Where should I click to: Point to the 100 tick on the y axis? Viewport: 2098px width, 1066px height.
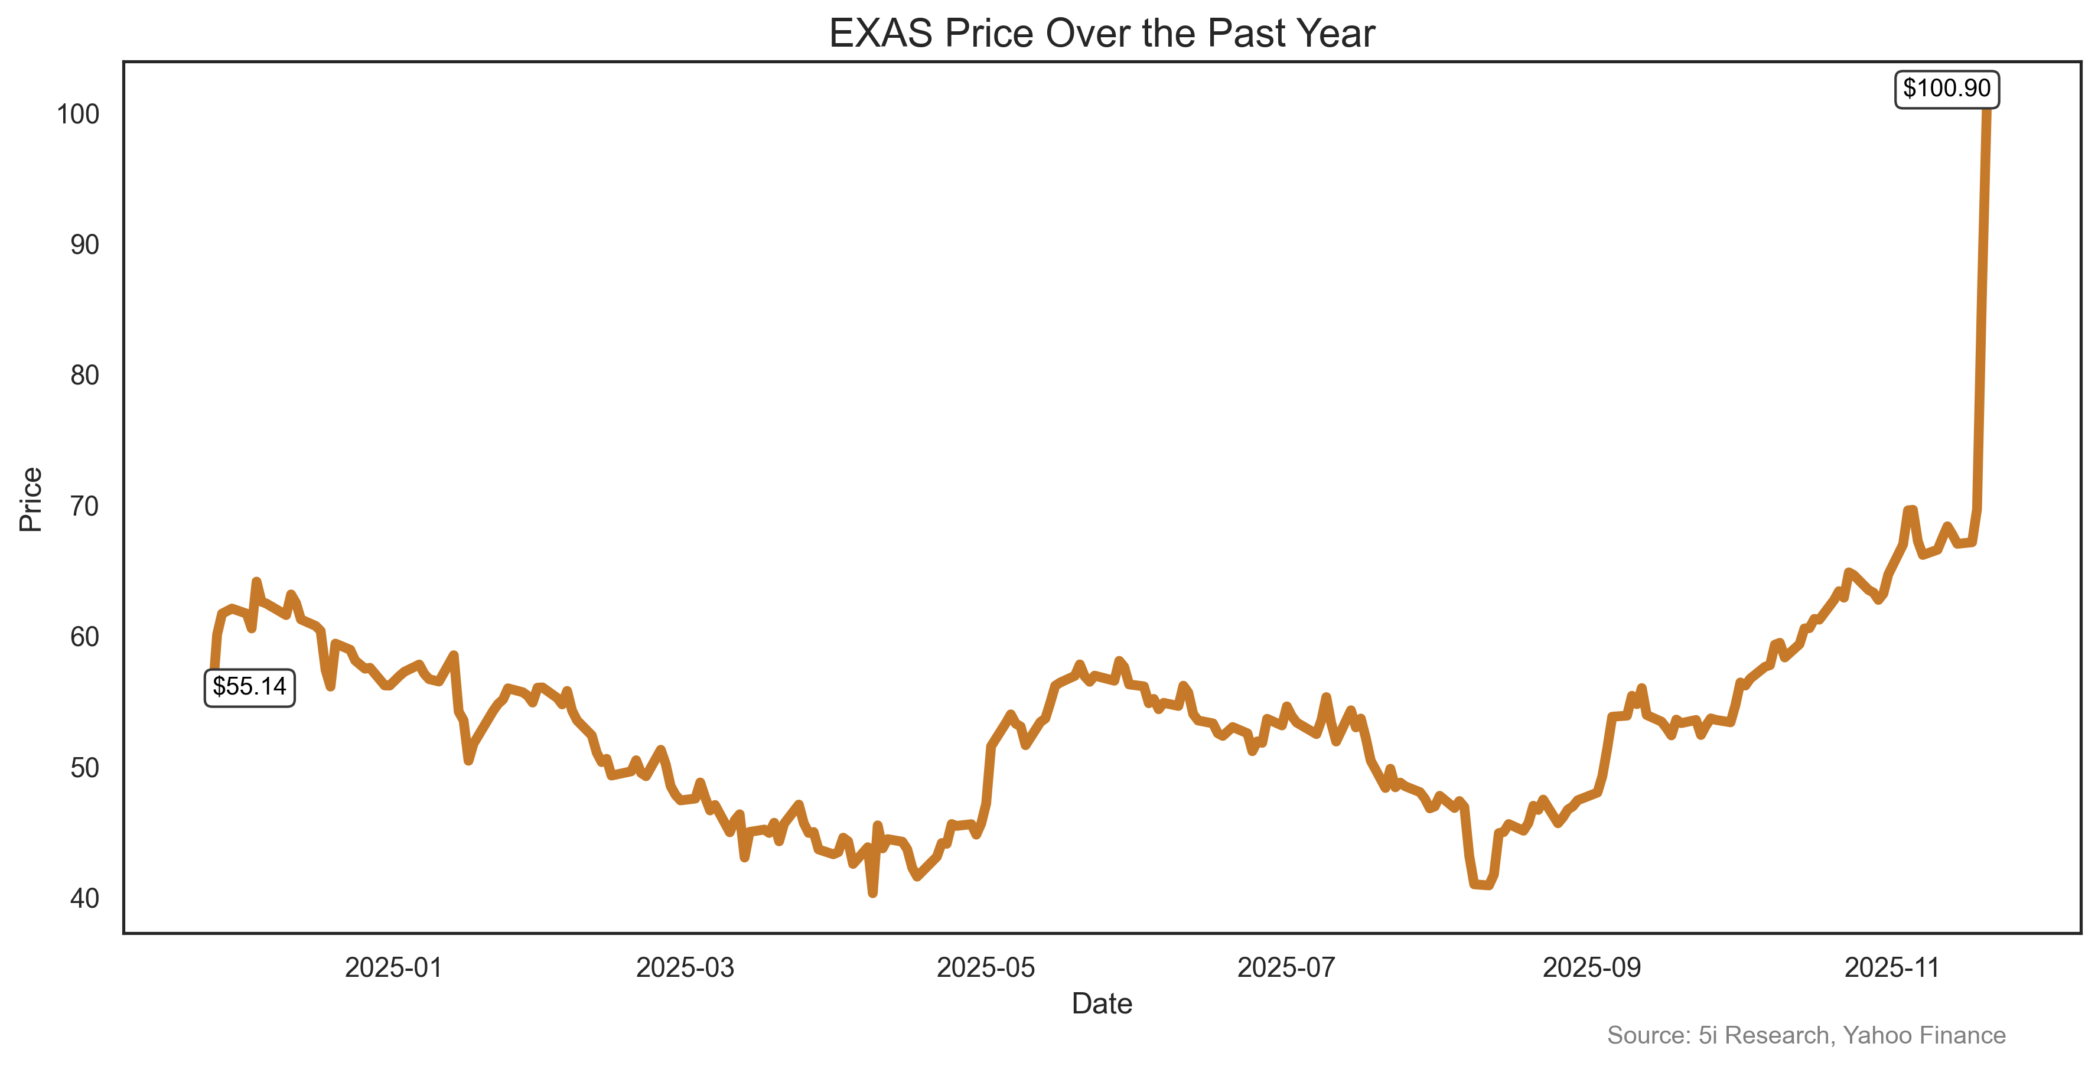(78, 114)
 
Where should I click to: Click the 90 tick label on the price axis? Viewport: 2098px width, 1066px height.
(84, 245)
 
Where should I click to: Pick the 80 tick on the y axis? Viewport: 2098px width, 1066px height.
(84, 376)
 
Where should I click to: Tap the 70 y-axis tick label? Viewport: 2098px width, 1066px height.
(84, 507)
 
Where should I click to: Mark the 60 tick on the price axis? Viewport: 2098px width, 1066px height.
(84, 637)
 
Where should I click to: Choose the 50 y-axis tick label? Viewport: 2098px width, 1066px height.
(84, 768)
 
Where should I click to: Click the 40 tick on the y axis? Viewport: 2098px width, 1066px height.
(84, 898)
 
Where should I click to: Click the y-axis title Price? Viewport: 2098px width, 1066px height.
(31, 499)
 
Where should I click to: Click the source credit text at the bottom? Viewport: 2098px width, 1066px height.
(1806, 1035)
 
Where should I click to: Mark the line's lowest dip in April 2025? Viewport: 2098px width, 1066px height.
(872, 892)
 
